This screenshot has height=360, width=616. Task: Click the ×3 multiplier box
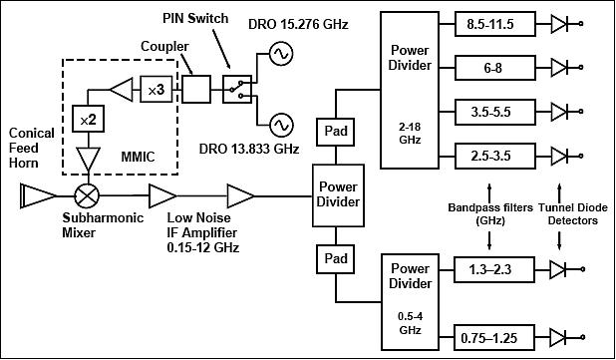pos(156,90)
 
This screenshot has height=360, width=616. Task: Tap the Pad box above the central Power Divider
pos(331,130)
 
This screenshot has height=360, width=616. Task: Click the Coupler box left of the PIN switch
pos(196,90)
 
